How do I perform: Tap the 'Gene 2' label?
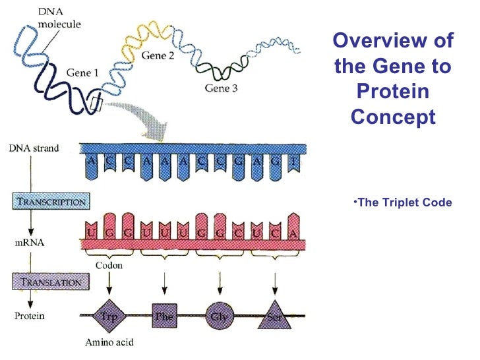coord(158,56)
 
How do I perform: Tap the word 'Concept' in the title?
coord(393,117)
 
